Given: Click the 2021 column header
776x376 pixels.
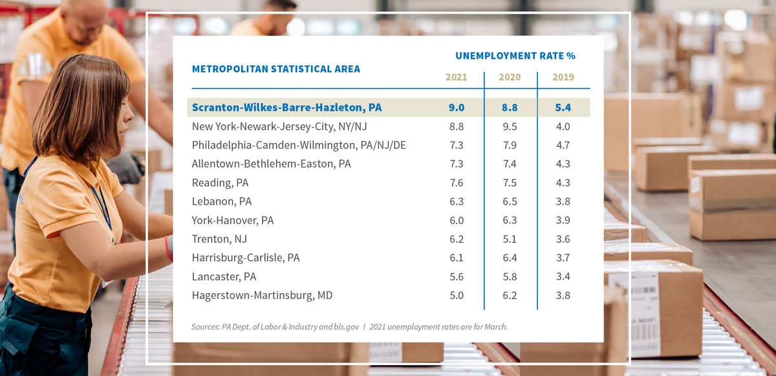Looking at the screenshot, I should (x=456, y=77).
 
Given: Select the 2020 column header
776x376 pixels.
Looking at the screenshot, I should (x=510, y=77).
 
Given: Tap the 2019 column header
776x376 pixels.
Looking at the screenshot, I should (x=563, y=77).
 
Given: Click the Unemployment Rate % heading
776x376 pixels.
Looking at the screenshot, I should (x=515, y=56).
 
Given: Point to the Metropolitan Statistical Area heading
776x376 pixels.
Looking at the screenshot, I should (x=276, y=69).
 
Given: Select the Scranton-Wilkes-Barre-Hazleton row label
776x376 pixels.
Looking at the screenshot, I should (x=286, y=107).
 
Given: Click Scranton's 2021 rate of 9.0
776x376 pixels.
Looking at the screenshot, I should (x=456, y=107).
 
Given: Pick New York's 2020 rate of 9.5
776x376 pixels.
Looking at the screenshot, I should (x=510, y=127).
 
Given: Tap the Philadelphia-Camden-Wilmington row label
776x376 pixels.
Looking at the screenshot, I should (x=299, y=146).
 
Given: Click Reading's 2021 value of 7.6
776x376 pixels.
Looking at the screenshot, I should (x=456, y=183).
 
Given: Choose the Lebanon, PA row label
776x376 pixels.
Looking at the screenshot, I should (x=222, y=202).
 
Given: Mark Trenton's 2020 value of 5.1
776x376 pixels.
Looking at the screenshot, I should (x=510, y=239).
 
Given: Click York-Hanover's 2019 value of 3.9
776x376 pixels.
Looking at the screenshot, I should (x=563, y=221).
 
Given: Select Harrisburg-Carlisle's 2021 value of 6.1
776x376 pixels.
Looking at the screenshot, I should (x=456, y=258).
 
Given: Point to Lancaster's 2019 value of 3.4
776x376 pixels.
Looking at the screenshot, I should (x=563, y=277).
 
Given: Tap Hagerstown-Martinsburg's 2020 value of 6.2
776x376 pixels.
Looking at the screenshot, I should (x=510, y=296).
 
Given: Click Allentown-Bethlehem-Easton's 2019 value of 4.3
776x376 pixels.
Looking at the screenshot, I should (x=563, y=164).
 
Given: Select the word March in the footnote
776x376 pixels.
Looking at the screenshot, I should (x=494, y=327).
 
